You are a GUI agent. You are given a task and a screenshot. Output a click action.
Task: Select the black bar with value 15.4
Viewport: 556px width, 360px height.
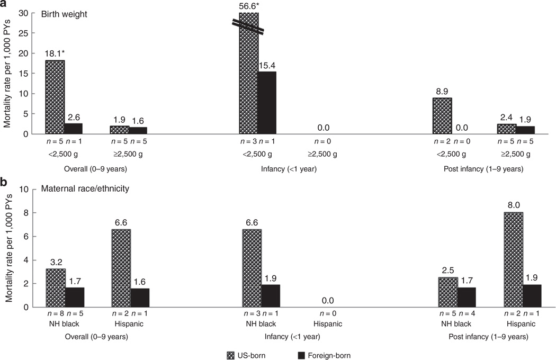266,103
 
